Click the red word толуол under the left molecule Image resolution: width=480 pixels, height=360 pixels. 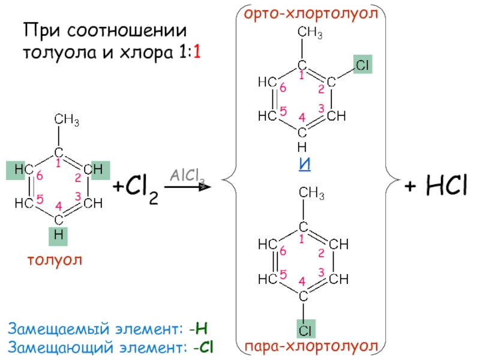53,260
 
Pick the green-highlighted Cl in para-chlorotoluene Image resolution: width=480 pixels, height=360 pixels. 305,329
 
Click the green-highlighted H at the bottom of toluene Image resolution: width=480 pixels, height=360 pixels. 58,236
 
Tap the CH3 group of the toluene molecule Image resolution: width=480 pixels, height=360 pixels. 67,120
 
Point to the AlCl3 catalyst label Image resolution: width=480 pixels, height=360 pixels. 187,176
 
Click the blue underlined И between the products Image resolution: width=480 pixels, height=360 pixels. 305,164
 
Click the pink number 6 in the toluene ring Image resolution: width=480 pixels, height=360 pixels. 40,176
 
